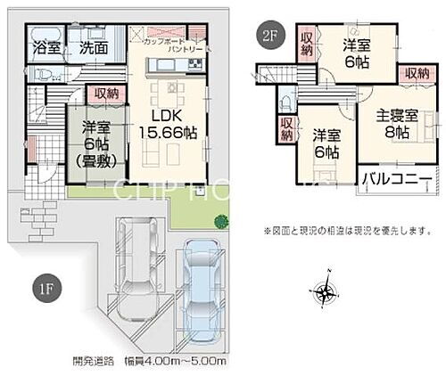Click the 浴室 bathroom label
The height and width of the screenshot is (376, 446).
coord(46,47)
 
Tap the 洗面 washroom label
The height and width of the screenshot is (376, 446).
coord(93,47)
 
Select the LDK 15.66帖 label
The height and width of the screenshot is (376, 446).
coord(175,124)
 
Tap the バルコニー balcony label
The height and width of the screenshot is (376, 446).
coord(397,178)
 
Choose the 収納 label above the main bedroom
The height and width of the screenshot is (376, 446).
coord(416,72)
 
